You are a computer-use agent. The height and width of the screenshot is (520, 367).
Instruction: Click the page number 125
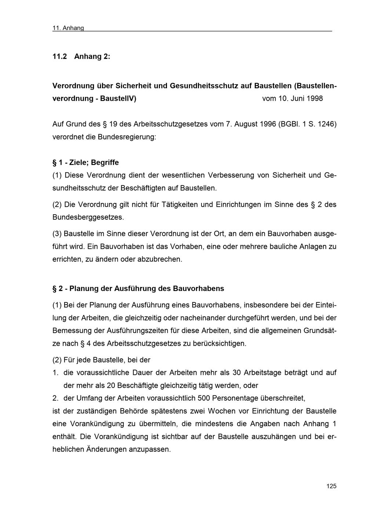click(331, 486)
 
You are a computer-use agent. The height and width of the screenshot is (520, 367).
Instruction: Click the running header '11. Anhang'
click(68, 28)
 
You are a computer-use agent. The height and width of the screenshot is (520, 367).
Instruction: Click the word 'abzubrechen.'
click(160, 259)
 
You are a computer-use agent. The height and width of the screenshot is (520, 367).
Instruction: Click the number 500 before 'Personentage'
click(204, 398)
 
